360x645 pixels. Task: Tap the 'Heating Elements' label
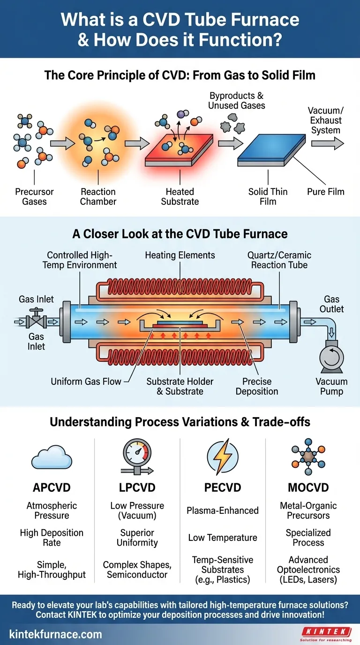(x=180, y=255)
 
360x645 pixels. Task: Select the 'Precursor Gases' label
(x=34, y=196)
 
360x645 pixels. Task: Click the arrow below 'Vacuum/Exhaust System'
(x=325, y=144)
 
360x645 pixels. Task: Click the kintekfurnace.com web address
(x=55, y=634)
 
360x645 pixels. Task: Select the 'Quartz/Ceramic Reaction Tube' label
(x=279, y=260)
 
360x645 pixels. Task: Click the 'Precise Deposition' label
(x=257, y=386)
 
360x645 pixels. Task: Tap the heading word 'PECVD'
(x=222, y=487)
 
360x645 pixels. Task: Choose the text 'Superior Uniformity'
(x=137, y=538)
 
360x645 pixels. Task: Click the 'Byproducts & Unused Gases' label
(x=237, y=100)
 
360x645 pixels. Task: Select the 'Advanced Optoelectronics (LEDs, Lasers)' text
(x=308, y=570)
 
